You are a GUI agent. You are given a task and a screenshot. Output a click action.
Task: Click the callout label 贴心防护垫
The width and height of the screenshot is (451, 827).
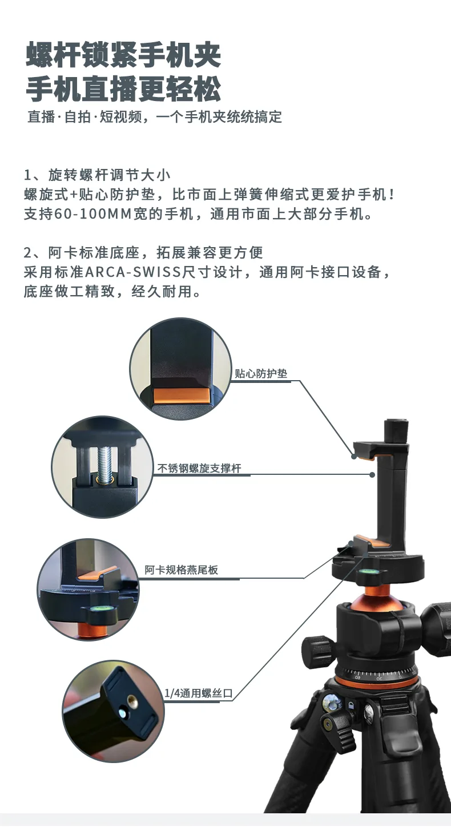coord(261,373)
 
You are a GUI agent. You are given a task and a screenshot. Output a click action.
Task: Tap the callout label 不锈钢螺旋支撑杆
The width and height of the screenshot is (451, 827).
coord(199,468)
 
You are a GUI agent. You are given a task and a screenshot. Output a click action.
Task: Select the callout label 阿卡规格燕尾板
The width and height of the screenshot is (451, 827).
coord(181,570)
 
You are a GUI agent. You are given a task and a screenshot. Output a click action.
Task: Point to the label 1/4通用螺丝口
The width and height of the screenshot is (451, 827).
coord(198,693)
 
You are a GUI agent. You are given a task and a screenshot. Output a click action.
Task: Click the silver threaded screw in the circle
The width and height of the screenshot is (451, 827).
coord(105,465)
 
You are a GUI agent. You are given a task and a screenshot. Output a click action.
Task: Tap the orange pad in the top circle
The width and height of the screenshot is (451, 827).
coord(181,395)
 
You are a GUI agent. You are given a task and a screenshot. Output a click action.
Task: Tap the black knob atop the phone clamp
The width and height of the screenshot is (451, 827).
coord(396,430)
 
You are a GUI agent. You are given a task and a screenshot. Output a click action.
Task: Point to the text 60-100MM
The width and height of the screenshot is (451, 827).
coord(93,214)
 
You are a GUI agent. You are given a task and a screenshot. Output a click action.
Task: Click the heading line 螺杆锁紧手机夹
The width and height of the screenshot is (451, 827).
coord(123,55)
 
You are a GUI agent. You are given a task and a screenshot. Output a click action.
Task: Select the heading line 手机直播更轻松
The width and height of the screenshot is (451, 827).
coord(123,89)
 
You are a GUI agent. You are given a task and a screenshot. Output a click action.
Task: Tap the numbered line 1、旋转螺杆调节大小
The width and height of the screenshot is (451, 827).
coord(97,175)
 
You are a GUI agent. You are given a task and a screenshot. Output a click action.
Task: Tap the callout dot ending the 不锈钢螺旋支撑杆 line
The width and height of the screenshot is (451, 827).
coord(372,475)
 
